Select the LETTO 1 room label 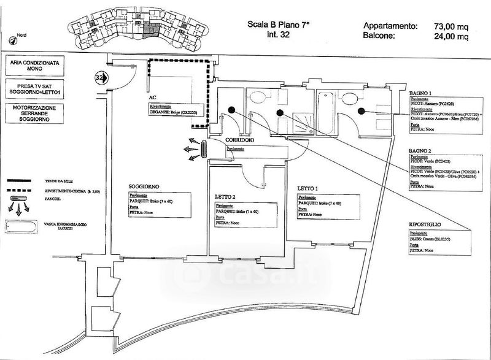pos(307,188)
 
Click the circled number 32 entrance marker pos(101,78)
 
